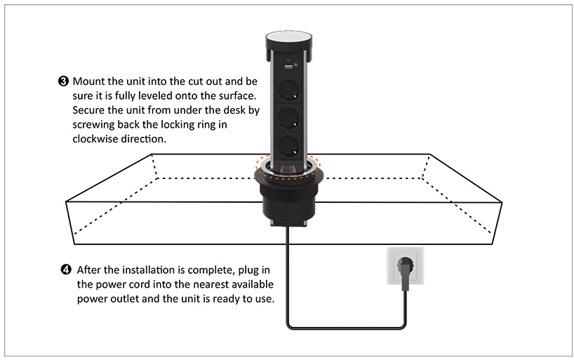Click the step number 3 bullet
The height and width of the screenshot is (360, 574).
[x=63, y=81]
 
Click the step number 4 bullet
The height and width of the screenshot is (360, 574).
[x=65, y=270]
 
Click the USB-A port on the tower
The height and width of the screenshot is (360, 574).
[x=288, y=66]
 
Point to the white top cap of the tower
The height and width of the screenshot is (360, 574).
[x=289, y=37]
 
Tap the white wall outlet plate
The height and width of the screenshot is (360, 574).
[x=406, y=266]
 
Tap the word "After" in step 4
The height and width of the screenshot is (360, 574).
[x=89, y=270]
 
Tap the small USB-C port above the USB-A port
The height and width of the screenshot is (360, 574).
[x=288, y=60]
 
